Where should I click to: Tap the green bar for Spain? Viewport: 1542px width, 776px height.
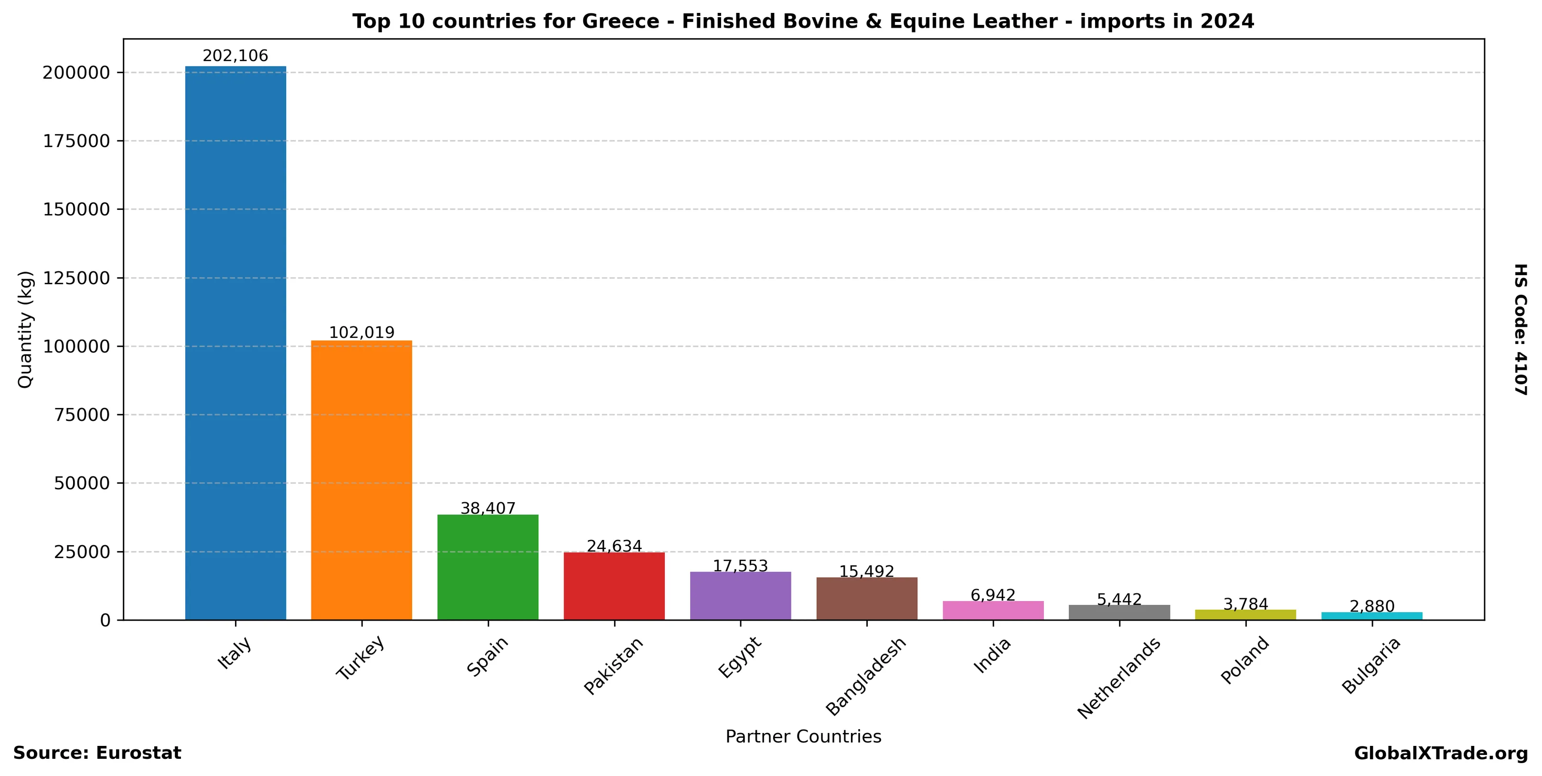(x=488, y=566)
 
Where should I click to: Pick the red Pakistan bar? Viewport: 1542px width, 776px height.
(x=614, y=586)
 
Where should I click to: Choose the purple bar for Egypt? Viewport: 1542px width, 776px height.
(x=741, y=595)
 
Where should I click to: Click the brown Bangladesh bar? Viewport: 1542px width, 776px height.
(x=867, y=598)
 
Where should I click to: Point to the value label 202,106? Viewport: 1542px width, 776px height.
(x=235, y=56)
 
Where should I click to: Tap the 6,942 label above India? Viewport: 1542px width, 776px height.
(x=993, y=595)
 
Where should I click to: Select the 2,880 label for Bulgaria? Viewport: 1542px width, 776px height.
(x=1372, y=606)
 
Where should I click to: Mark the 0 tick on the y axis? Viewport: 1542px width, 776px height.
(x=106, y=620)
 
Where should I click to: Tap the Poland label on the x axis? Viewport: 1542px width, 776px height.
(x=1244, y=660)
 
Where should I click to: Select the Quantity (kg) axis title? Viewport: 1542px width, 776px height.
(x=25, y=329)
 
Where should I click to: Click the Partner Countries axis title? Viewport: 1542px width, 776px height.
(x=803, y=736)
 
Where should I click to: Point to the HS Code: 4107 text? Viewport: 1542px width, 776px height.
(x=1521, y=329)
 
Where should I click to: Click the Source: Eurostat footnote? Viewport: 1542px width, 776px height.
(x=97, y=753)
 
